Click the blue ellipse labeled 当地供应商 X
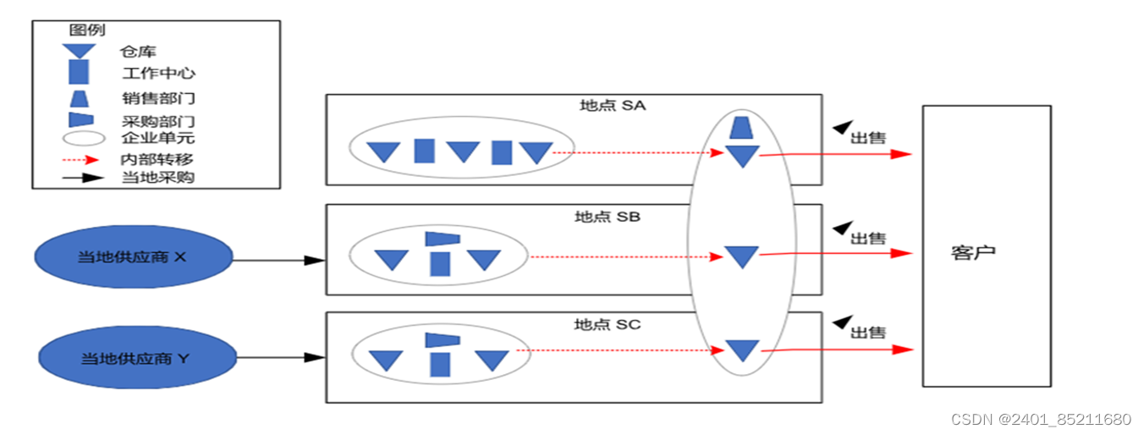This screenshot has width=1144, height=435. (x=133, y=256)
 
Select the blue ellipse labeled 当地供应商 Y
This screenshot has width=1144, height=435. (x=135, y=358)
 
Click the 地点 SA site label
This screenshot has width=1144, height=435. (x=613, y=106)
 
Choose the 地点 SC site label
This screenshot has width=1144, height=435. (x=608, y=324)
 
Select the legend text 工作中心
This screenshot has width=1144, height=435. (x=159, y=74)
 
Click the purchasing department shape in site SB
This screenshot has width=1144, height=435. (x=442, y=239)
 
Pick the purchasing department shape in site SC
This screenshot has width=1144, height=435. (x=442, y=339)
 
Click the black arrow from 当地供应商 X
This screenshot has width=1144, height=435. (x=278, y=260)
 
